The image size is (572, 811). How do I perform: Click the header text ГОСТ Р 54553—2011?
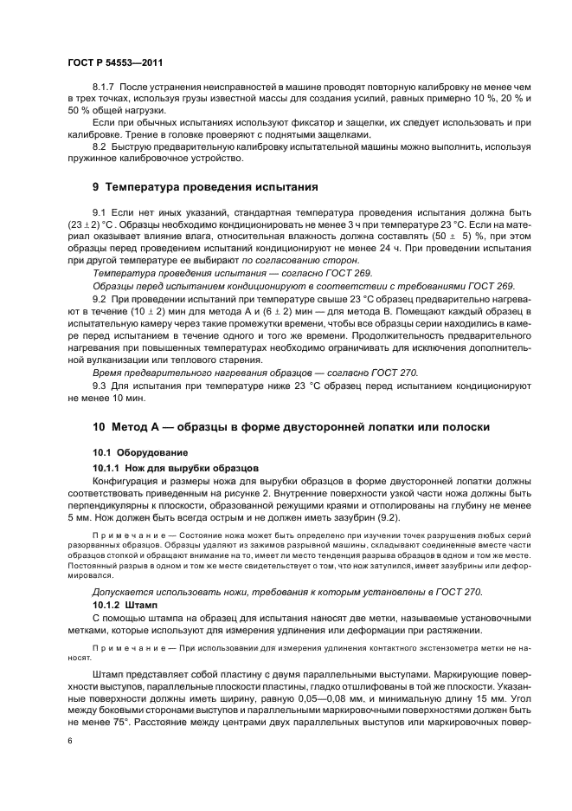click(114, 62)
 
